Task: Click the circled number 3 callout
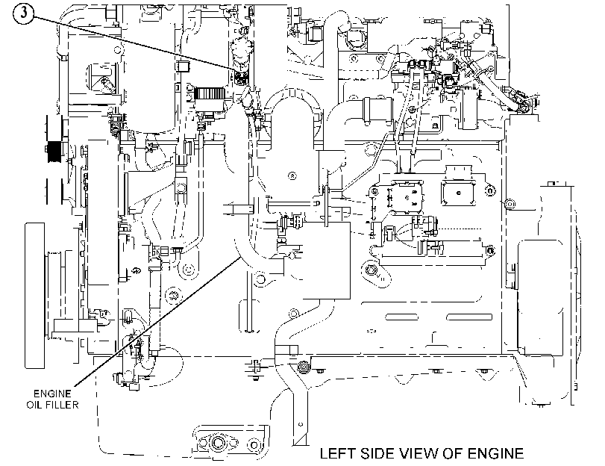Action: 24,13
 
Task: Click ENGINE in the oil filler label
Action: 52,394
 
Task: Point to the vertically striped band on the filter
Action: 209,93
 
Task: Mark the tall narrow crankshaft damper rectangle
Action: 35,296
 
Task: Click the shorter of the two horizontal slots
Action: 401,317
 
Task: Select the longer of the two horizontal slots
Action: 469,317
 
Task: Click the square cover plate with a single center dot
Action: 459,192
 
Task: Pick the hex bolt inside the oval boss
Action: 372,270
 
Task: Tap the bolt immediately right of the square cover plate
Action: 489,190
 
